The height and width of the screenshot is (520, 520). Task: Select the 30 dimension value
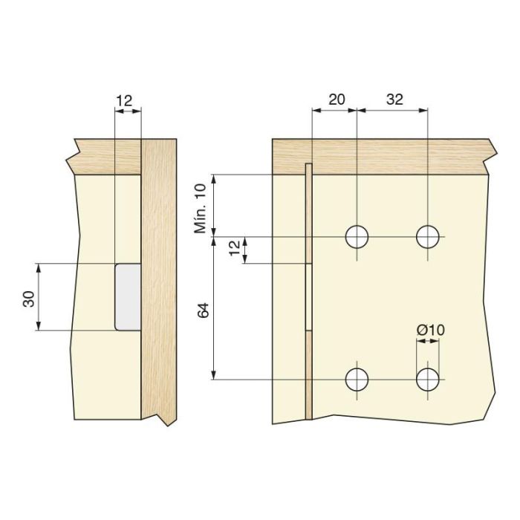tap(28, 298)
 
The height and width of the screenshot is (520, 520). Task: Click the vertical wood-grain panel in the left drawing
tap(159, 282)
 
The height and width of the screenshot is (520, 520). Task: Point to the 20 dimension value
tap(336, 100)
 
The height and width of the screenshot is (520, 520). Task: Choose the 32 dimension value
tap(394, 100)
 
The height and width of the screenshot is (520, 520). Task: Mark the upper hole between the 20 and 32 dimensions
tap(357, 237)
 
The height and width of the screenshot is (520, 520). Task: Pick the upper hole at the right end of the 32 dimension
tap(428, 237)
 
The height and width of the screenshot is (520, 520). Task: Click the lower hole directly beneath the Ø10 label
tap(428, 380)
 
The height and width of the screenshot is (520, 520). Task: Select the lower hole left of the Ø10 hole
tap(357, 380)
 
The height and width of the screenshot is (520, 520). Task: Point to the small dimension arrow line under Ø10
tap(427, 342)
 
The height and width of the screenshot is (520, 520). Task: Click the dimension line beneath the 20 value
tap(334, 111)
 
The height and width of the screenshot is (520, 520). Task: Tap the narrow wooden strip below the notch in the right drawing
tap(309, 375)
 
